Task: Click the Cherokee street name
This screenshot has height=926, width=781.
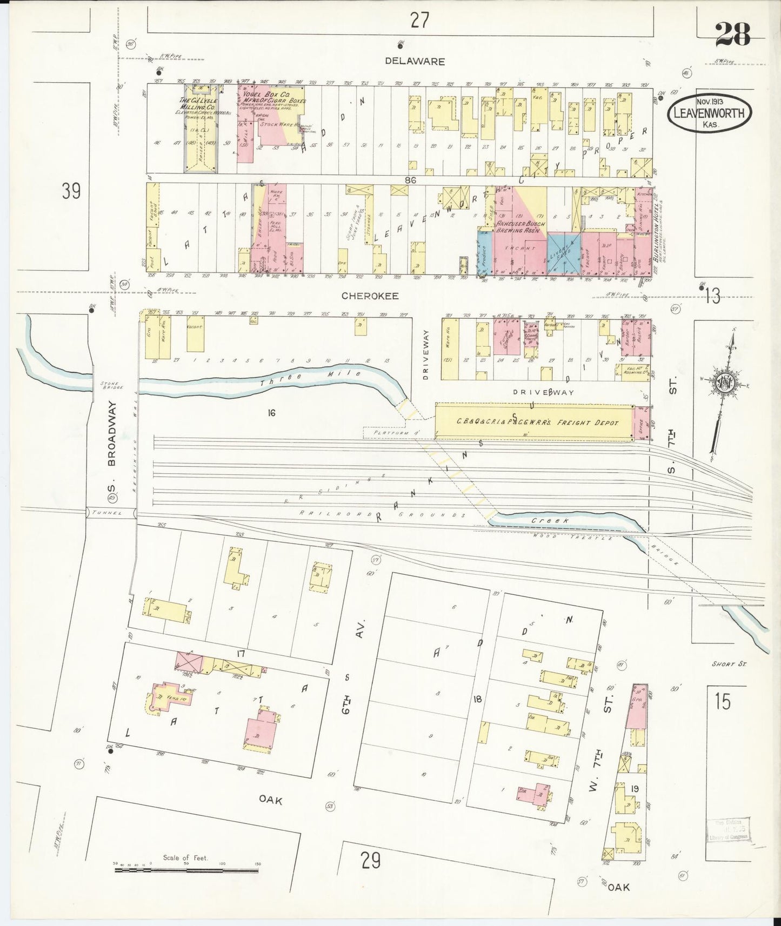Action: pyautogui.click(x=370, y=296)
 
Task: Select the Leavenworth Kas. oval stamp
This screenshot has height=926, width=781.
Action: pyautogui.click(x=710, y=113)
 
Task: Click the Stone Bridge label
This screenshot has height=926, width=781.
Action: pyautogui.click(x=112, y=385)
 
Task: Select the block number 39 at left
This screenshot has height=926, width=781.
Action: pyautogui.click(x=71, y=191)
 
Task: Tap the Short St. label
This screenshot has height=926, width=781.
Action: pyautogui.click(x=733, y=664)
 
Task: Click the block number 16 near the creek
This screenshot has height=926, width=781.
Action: pyautogui.click(x=271, y=413)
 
